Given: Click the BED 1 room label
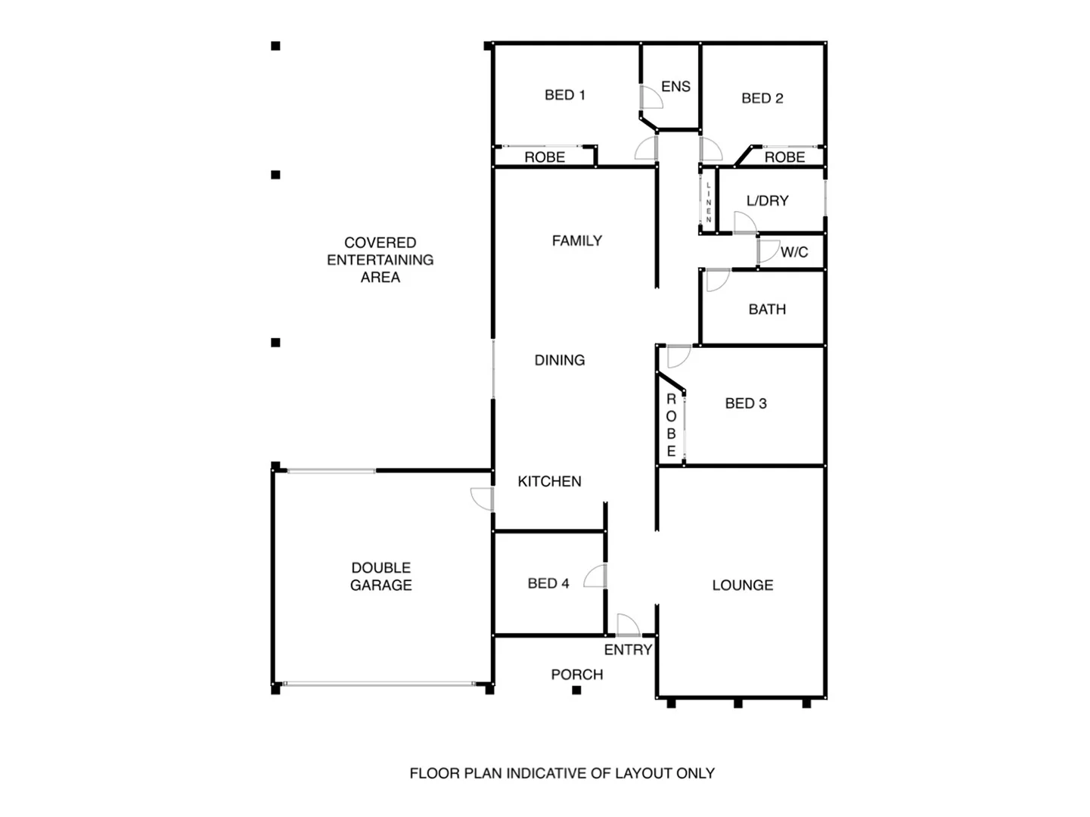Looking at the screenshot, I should click(x=564, y=95).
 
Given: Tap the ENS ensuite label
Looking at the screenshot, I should click(x=675, y=86).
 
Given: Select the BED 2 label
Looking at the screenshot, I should click(x=762, y=98).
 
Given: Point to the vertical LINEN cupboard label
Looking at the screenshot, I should click(x=709, y=202).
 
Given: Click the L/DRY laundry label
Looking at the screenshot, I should click(x=767, y=200).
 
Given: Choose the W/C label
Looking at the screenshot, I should click(x=794, y=252).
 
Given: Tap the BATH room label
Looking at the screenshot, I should click(x=767, y=309).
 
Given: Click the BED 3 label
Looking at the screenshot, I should click(x=745, y=403).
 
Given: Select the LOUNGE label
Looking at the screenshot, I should click(x=742, y=585).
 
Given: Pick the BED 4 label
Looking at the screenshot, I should click(x=548, y=583).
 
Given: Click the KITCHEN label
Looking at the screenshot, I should click(x=549, y=481).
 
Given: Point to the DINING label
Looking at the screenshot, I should click(x=559, y=360).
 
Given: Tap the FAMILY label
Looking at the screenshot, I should click(x=576, y=241).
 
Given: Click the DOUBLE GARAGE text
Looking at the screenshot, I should click(x=380, y=576).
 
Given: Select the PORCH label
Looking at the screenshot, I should click(x=576, y=674).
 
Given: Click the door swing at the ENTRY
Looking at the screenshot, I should click(x=628, y=625).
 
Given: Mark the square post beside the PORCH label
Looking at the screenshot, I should click(x=576, y=690).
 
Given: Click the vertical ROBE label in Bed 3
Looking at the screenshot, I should click(x=671, y=425).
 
